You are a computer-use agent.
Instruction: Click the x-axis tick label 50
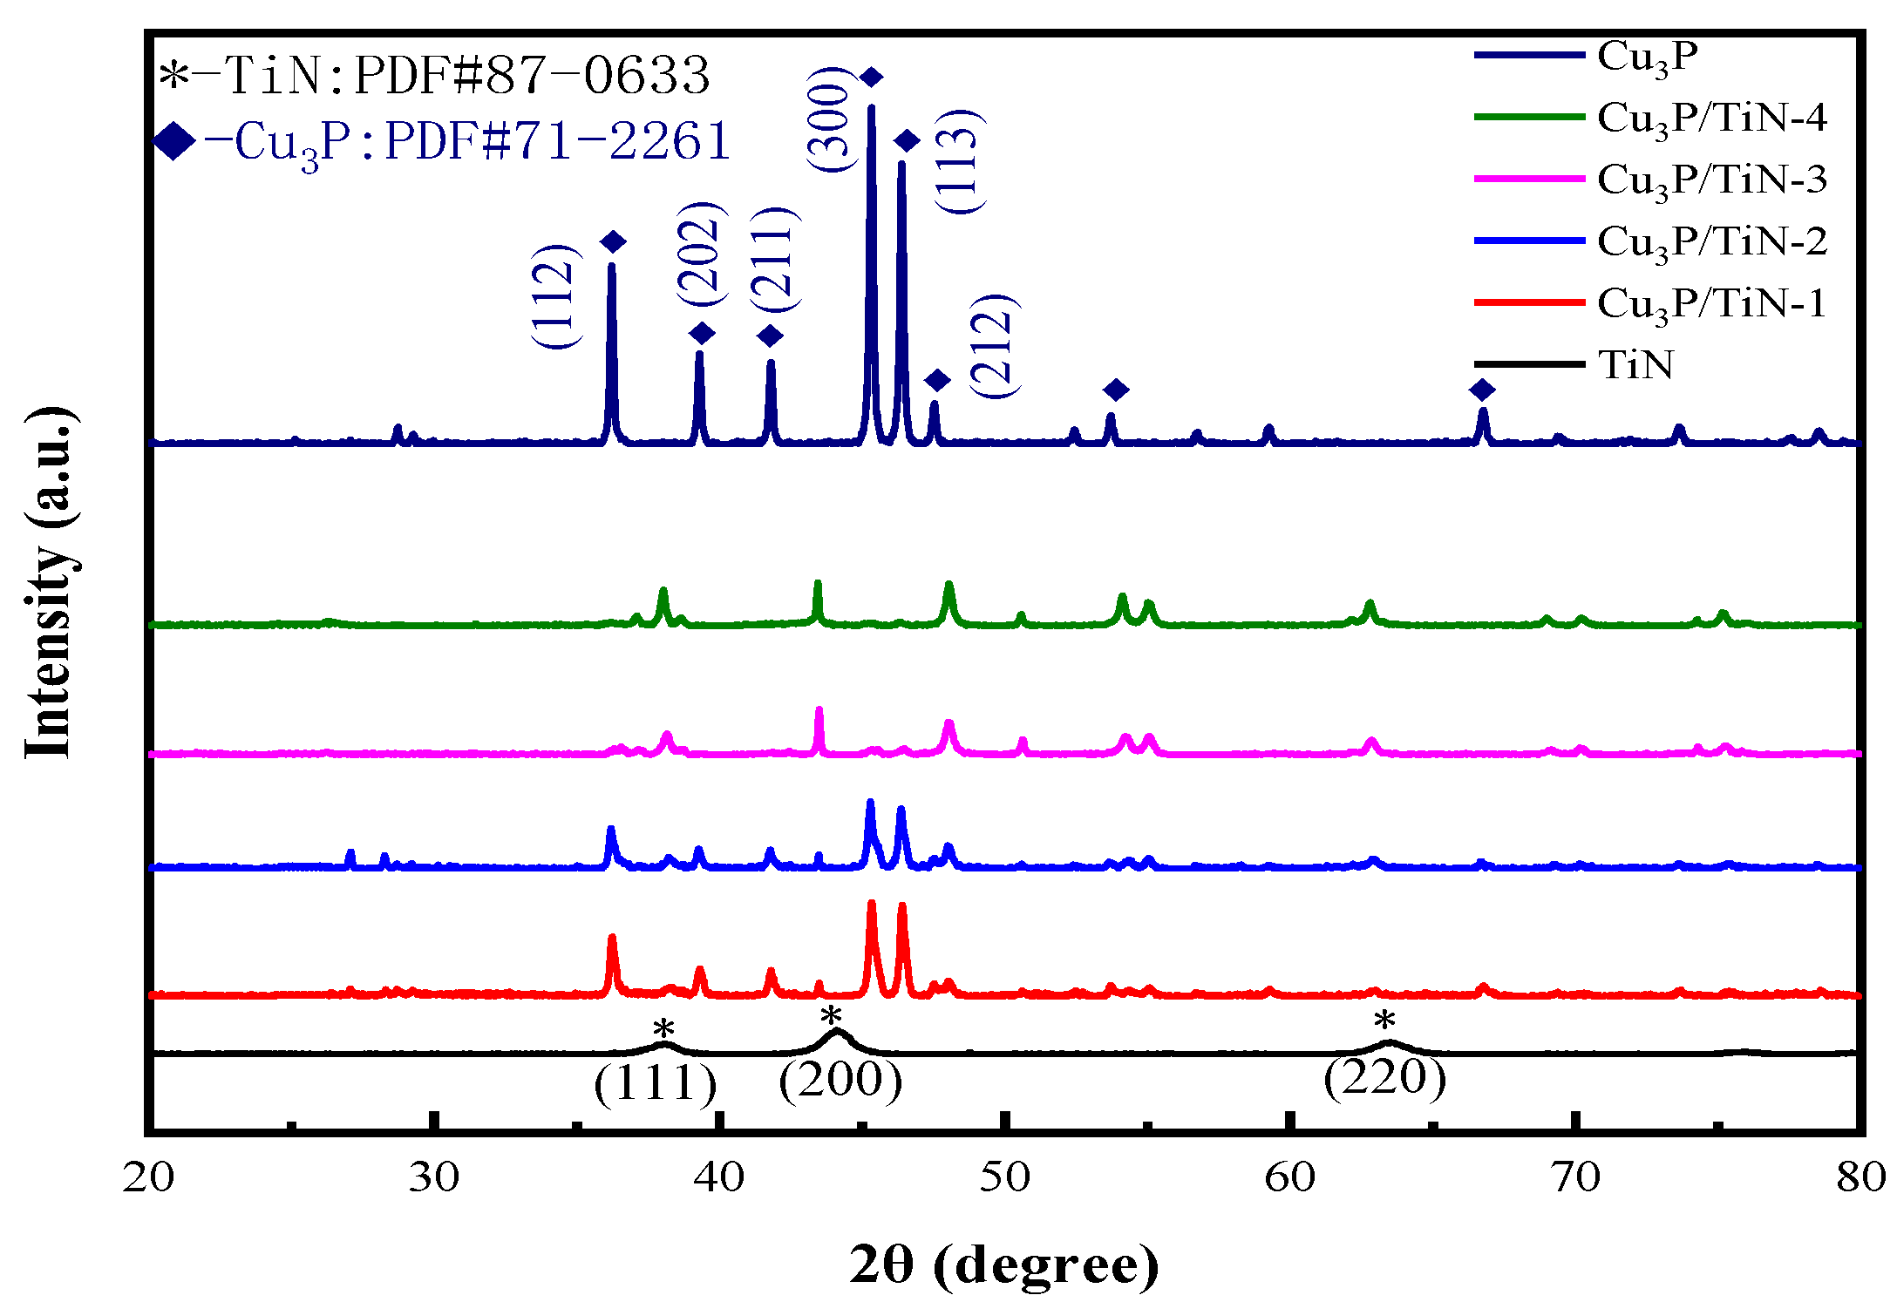pyautogui.click(x=1005, y=1177)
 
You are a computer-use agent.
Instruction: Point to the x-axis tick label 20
pyautogui.click(x=149, y=1177)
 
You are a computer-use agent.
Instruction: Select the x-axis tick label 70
pyautogui.click(x=1576, y=1177)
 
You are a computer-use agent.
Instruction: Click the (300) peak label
pyautogui.click(x=829, y=119)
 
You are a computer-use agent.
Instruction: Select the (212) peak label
pyautogui.click(x=995, y=347)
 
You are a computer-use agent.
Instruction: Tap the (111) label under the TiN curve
pyautogui.click(x=655, y=1083)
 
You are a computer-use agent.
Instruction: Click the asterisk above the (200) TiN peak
pyautogui.click(x=831, y=1016)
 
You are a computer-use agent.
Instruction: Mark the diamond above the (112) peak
pyautogui.click(x=613, y=242)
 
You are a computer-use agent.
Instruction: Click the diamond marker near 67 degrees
pyautogui.click(x=1482, y=390)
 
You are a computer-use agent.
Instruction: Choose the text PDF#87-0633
pyautogui.click(x=533, y=75)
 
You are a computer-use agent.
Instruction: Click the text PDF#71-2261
pyautogui.click(x=557, y=141)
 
